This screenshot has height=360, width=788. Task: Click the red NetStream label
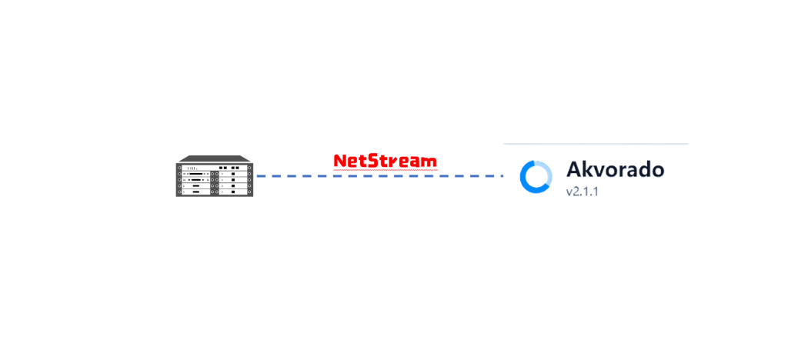[x=385, y=161]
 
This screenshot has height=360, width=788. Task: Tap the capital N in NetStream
[x=339, y=161]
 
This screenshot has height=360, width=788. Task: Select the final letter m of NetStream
[x=430, y=162]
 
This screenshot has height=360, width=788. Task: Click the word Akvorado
[x=615, y=169]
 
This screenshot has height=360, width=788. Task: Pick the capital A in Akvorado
[x=574, y=169]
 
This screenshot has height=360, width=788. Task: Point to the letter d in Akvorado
[x=642, y=169]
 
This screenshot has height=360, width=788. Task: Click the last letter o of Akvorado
[x=656, y=171]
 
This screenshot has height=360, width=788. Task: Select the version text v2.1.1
[x=582, y=192]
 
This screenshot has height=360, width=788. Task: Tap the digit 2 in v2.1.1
[x=576, y=192]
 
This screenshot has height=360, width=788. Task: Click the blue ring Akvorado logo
[x=536, y=177]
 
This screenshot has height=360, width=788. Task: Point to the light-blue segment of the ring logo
[x=545, y=171]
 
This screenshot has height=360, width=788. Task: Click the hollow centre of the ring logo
[x=536, y=177]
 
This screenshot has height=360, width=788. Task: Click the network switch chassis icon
[x=214, y=176]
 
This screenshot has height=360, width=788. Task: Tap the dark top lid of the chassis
[x=214, y=159]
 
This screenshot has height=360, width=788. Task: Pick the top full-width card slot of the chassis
[x=214, y=167]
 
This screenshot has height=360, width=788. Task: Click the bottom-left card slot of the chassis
[x=196, y=192]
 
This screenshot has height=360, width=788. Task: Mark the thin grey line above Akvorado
[x=596, y=144]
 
